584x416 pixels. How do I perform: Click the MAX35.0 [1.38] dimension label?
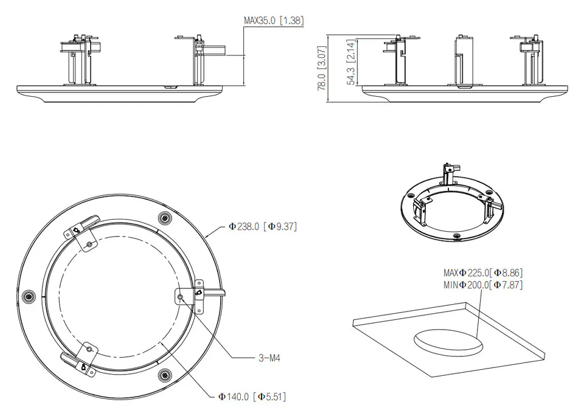(x=274, y=20)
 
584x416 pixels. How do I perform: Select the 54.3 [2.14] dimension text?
(x=351, y=62)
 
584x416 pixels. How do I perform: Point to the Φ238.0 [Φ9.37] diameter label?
(x=263, y=226)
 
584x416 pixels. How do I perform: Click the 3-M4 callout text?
(x=269, y=358)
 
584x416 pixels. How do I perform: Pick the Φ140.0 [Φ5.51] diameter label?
(x=252, y=397)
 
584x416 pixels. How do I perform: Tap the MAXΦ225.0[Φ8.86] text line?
(x=483, y=272)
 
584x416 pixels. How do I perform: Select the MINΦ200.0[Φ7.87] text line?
(x=483, y=285)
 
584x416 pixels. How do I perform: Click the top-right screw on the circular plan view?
(x=164, y=217)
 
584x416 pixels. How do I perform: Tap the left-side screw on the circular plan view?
(x=27, y=297)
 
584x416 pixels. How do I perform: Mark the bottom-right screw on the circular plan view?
(x=164, y=375)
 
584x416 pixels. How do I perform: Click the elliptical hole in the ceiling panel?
(x=448, y=342)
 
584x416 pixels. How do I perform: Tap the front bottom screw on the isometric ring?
(x=456, y=236)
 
